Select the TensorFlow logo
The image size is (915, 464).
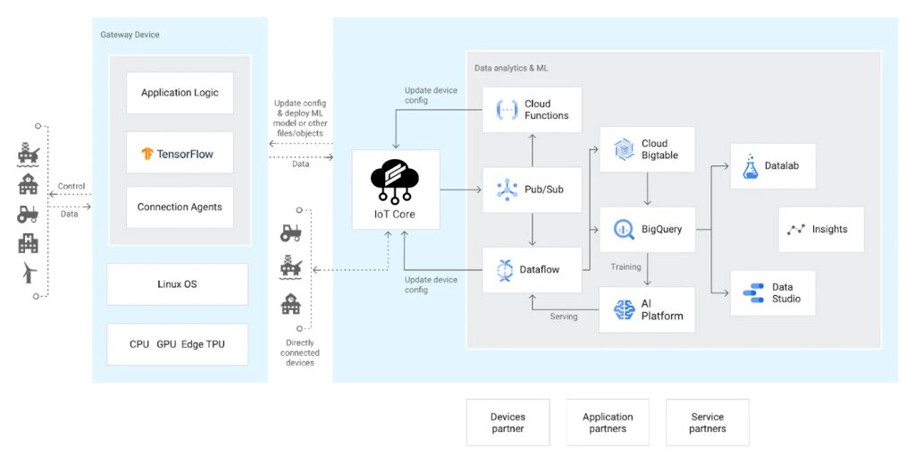click(147, 154)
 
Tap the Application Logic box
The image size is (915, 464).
click(180, 93)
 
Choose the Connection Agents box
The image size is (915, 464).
click(180, 207)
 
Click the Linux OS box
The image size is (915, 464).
click(178, 284)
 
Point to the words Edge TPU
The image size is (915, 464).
click(203, 344)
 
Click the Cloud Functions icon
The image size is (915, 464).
click(507, 110)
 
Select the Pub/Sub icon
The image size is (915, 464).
click(507, 190)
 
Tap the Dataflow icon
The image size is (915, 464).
click(505, 270)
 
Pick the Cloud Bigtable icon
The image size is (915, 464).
click(624, 149)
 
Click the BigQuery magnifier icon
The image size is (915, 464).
click(624, 230)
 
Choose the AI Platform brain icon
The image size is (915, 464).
click(624, 309)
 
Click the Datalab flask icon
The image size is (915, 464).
click(751, 166)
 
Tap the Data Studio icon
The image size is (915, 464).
click(753, 293)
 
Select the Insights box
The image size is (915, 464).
click(821, 230)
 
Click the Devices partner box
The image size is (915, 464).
click(508, 423)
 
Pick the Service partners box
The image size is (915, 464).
click(708, 423)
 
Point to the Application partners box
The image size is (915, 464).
click(608, 423)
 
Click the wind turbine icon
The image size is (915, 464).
click(29, 272)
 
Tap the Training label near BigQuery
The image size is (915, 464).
click(625, 266)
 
